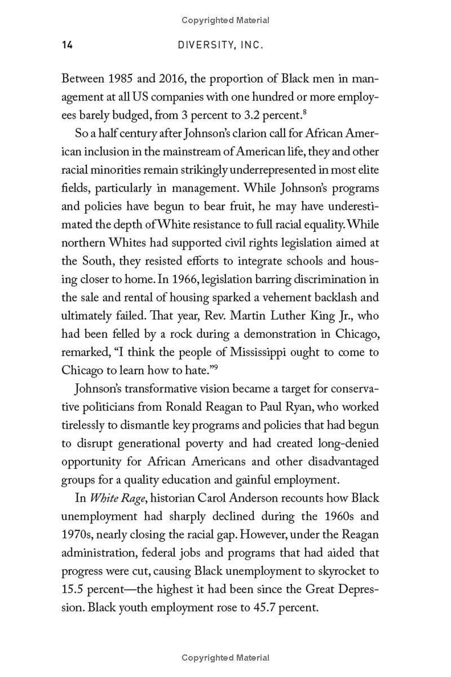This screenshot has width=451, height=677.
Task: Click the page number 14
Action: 67,45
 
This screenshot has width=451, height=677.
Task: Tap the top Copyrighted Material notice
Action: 225,20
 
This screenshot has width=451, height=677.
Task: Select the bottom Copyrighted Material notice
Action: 225,658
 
